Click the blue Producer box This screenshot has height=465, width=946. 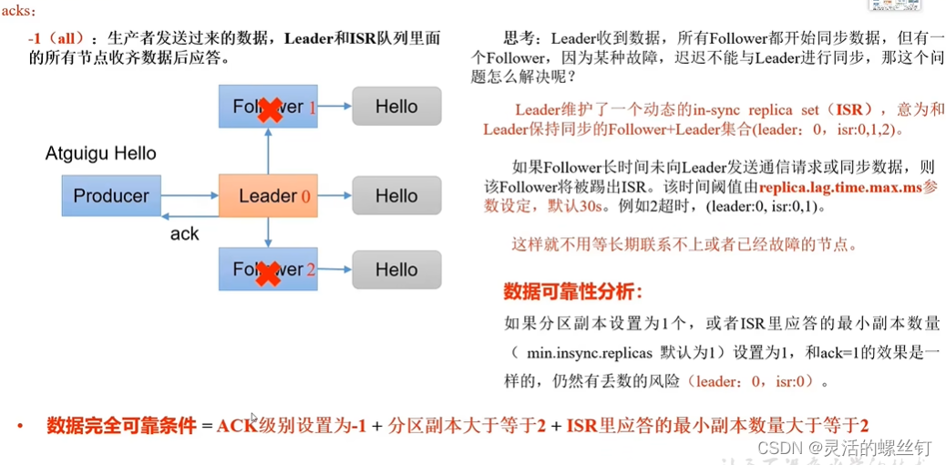pos(111,196)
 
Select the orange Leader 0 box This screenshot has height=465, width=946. pos(268,196)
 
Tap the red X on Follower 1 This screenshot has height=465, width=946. pos(269,110)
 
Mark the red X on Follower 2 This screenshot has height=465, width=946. pos(268,273)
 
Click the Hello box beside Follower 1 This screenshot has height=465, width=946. pos(396,107)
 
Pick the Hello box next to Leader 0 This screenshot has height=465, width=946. pos(396,196)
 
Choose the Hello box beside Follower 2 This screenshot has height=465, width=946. pos(396,270)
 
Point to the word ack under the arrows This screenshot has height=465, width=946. pos(184,234)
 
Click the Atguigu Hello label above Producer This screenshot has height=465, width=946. pos(101,153)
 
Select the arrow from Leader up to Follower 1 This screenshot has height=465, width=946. pos(268,151)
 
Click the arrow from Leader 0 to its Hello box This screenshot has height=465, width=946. pos(334,196)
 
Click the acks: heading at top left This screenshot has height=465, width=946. pos(20,11)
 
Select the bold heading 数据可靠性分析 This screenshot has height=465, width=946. pos(573,292)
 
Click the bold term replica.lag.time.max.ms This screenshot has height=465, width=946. pos(835,188)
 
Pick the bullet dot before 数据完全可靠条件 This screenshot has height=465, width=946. pos(18,426)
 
